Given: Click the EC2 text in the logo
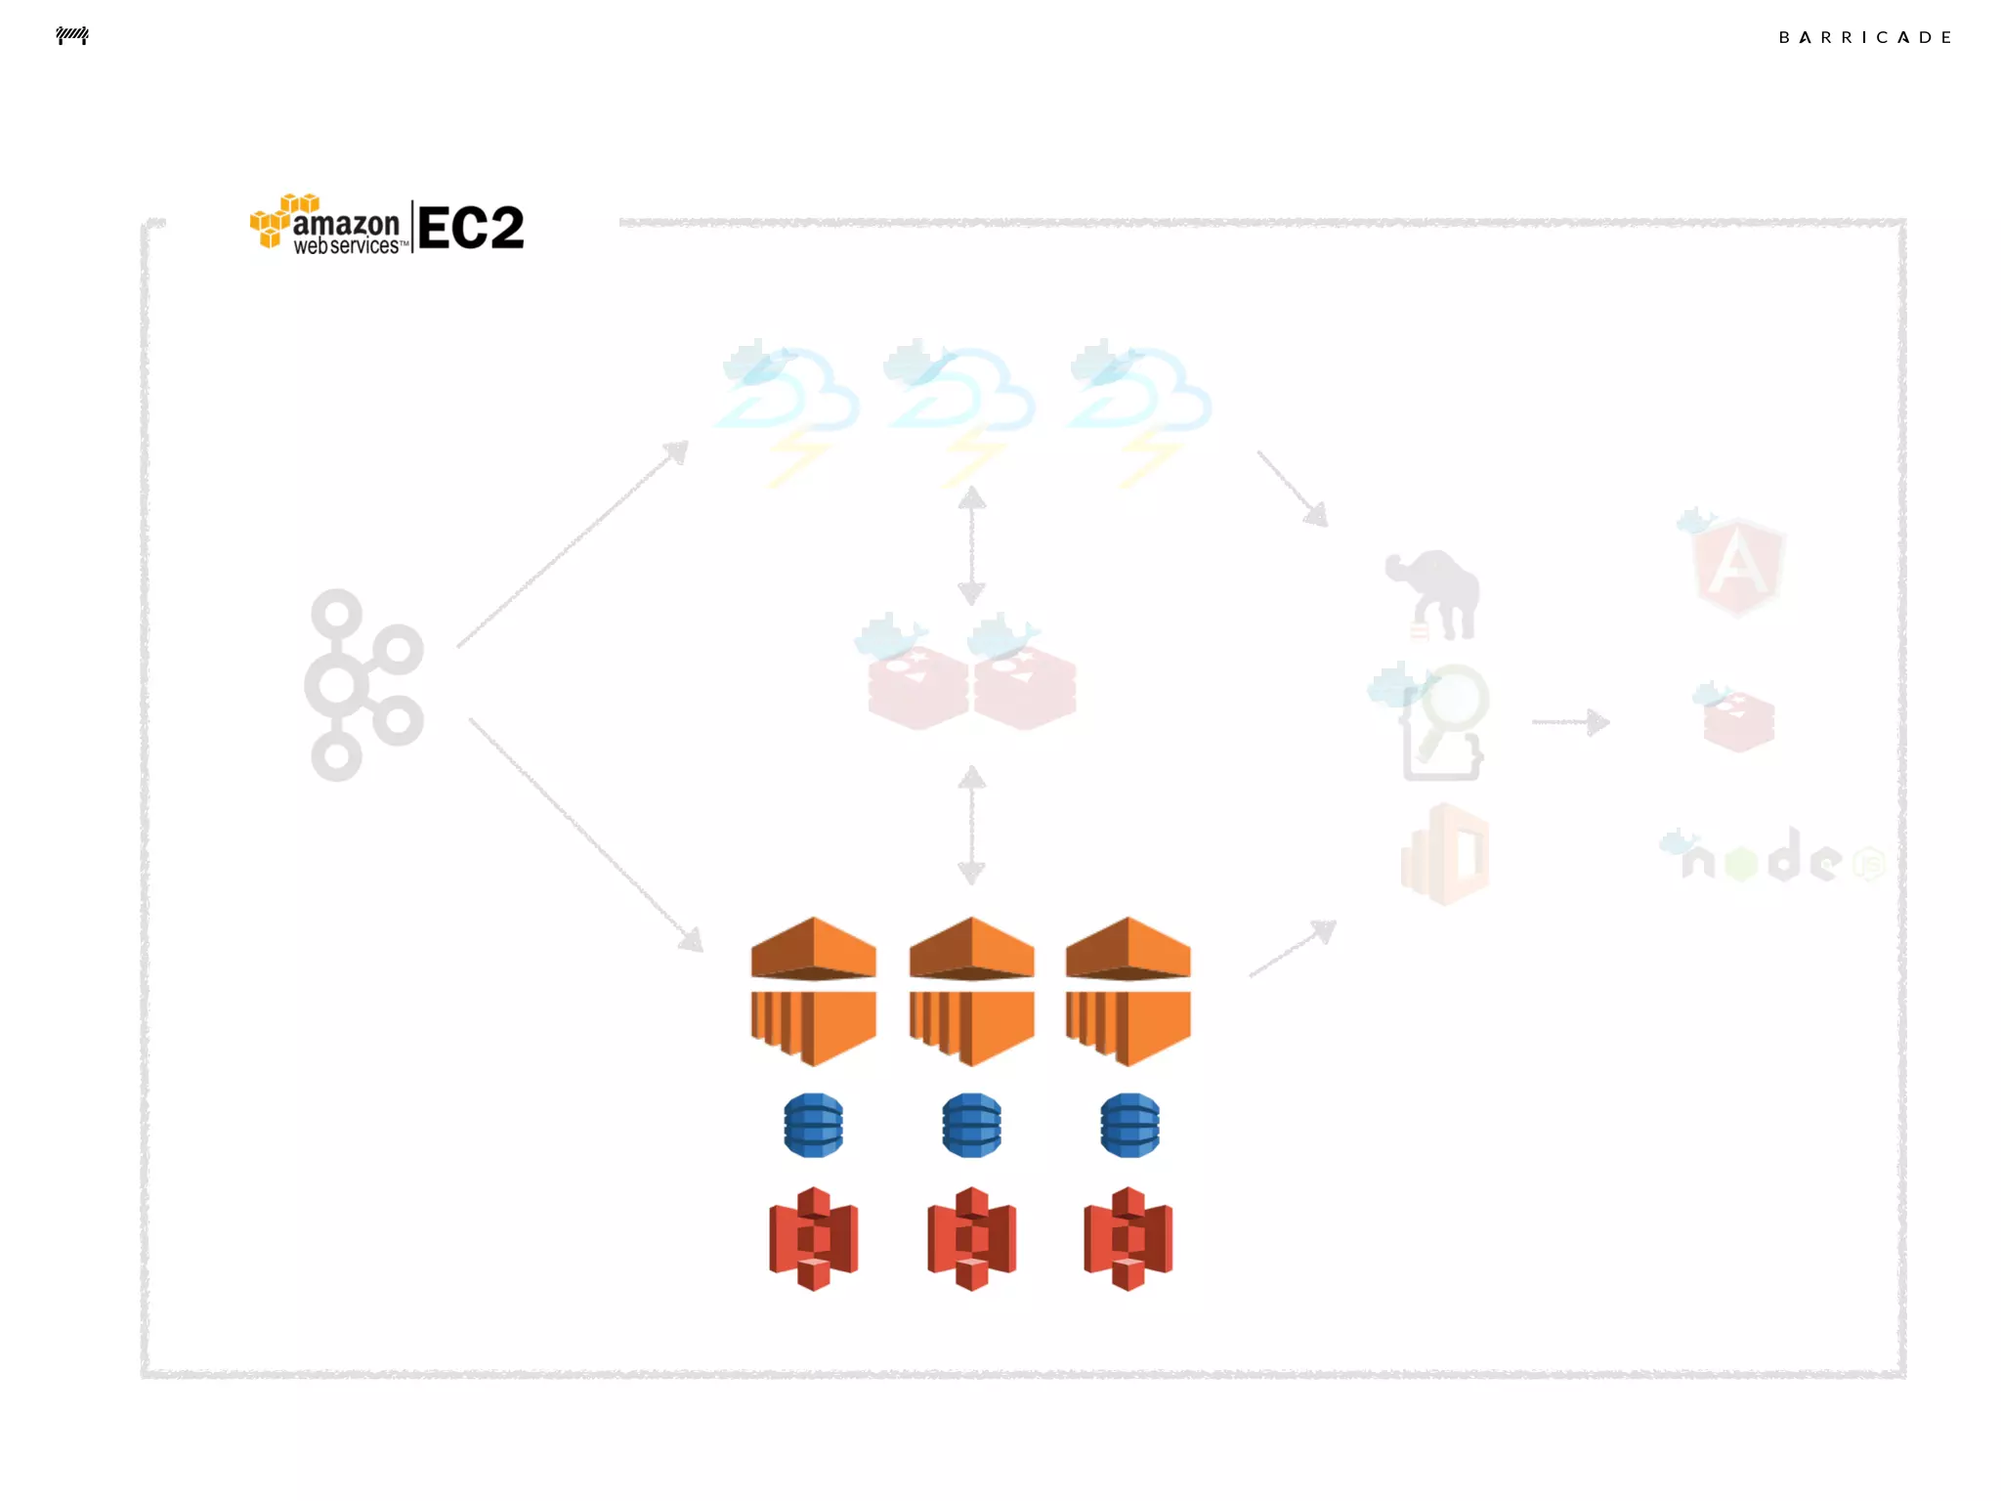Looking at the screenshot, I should point(471,229).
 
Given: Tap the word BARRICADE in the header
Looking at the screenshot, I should point(1864,38).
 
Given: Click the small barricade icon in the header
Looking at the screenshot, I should point(72,36).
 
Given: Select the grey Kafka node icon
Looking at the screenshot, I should point(362,684).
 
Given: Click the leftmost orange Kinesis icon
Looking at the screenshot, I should point(813,991).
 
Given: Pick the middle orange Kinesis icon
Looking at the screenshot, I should point(971,991).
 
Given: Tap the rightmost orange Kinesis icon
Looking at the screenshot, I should point(1128,991).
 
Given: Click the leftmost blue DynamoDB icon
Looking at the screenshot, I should point(813,1125).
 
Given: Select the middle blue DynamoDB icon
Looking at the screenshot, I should point(971,1125).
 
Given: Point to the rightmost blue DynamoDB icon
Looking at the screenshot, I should point(1129,1125).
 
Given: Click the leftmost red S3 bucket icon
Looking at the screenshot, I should point(813,1238).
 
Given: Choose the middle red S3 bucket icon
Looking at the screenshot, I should point(971,1238).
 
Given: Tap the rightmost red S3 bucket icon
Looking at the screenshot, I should point(1128,1238).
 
